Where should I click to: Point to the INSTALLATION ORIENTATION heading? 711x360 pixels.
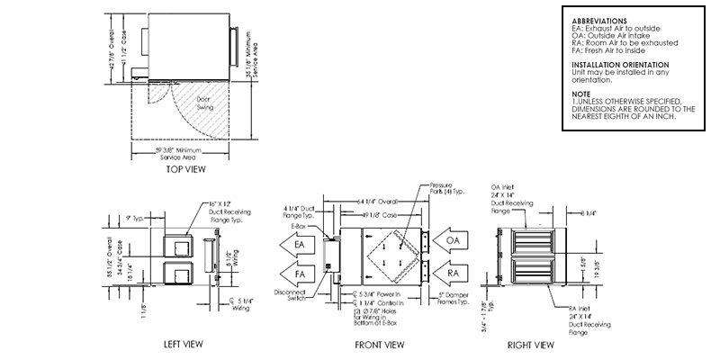click(x=620, y=65)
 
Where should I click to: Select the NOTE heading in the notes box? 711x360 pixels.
click(x=581, y=93)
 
